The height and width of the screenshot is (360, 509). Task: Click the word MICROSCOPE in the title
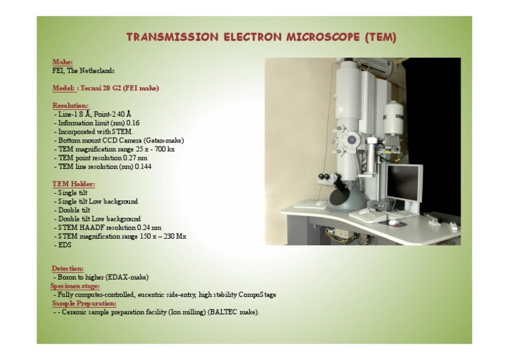pos(323,37)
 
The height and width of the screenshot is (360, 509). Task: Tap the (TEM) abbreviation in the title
pos(380,37)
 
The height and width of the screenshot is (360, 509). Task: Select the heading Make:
pos(62,62)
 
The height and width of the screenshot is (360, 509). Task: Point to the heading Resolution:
pos(70,105)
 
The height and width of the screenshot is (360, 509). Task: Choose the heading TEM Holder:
pos(74,184)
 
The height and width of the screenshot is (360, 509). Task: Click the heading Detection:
pos(68,269)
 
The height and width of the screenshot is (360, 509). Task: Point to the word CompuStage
pos(257,295)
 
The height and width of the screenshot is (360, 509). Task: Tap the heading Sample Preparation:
pos(84,304)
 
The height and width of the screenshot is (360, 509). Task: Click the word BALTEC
pos(223,312)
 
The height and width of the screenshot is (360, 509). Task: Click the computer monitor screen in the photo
pos(403,182)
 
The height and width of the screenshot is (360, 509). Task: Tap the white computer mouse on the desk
pos(393,222)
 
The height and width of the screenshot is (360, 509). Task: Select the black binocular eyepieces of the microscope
pos(324,177)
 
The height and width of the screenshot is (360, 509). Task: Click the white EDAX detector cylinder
pos(393,118)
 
